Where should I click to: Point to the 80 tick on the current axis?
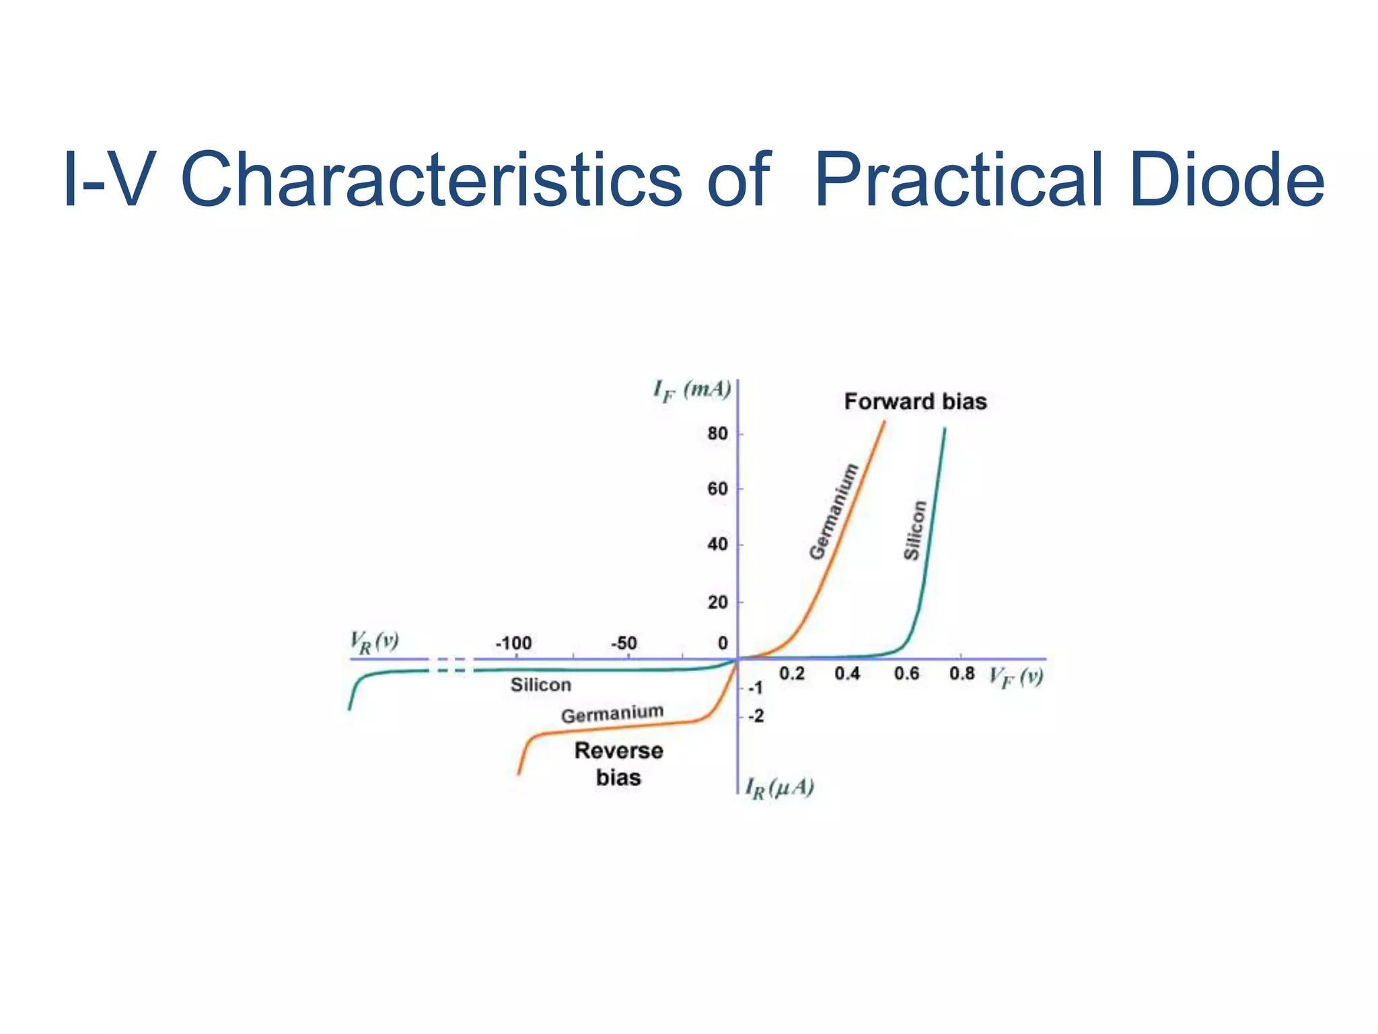point(718,434)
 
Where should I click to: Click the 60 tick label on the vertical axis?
point(718,489)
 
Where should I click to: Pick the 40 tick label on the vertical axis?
point(718,545)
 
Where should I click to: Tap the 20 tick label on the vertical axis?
point(718,602)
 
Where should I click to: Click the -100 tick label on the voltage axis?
point(513,643)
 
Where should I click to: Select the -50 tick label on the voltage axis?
point(623,643)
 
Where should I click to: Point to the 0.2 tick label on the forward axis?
point(791,674)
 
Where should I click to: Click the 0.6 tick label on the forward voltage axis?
point(906,674)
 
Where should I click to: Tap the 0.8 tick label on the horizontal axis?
point(962,674)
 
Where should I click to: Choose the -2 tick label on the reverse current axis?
point(756,716)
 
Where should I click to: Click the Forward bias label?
point(915,402)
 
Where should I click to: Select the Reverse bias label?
point(618,764)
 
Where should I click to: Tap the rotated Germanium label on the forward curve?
point(834,512)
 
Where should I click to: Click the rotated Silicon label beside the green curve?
point(914,530)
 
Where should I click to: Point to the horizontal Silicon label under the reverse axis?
point(540,685)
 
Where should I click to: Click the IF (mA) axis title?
point(692,390)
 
